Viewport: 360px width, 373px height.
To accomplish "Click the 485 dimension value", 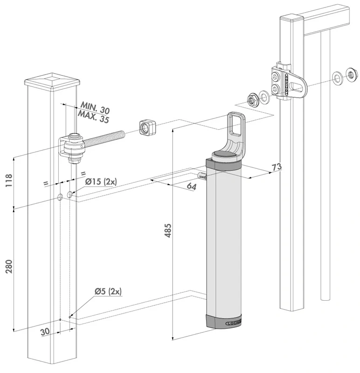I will [x=168, y=232].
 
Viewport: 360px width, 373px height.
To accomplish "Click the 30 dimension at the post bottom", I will [x=45, y=332].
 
